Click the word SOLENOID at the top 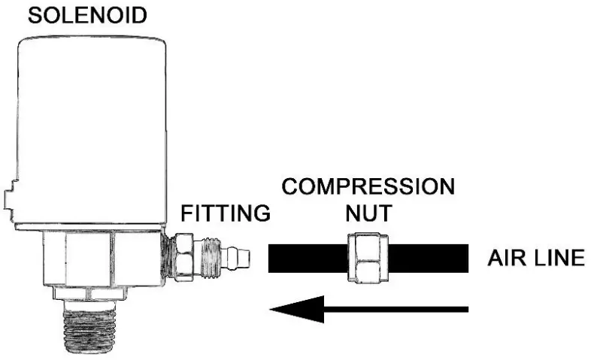[x=88, y=16]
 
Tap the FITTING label [x=226, y=213]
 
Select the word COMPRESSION [x=368, y=186]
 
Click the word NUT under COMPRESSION [x=368, y=213]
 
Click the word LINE [x=557, y=258]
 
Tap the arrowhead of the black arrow [x=297, y=308]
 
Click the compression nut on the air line [x=368, y=258]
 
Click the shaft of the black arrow [x=399, y=308]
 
